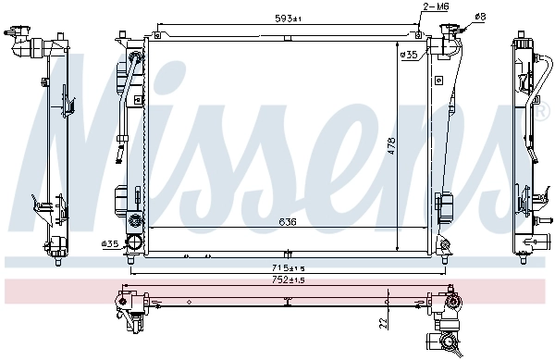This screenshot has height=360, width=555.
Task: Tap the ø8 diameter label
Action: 478,15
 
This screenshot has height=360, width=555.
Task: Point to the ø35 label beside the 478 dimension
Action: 408,55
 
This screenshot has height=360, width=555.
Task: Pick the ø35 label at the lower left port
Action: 110,244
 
